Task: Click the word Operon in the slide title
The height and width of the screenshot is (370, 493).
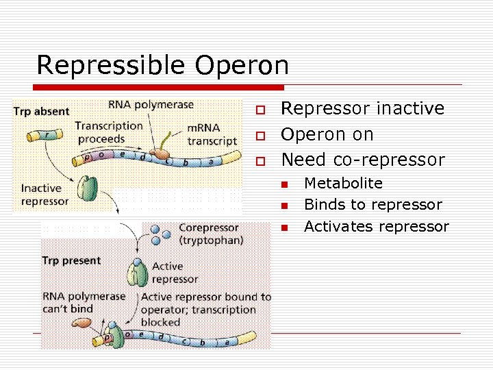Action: pos(242,66)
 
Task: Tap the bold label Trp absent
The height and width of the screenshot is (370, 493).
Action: pos(42,112)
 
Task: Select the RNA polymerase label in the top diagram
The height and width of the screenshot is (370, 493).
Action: pos(151,105)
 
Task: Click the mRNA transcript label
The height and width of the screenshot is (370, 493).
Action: pos(212,134)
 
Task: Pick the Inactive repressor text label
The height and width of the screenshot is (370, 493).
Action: pos(45,195)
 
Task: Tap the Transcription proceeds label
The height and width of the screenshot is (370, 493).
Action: pos(109,132)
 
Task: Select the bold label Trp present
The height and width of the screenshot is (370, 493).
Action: pos(71,260)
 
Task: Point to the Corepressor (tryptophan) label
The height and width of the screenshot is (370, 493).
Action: pos(208,234)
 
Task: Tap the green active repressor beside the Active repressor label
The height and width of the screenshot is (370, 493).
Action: pos(140,273)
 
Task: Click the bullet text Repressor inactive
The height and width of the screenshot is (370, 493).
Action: pos(363,108)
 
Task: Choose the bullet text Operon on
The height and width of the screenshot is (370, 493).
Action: pos(327,134)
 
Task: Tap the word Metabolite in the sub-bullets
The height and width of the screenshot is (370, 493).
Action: pos(343,183)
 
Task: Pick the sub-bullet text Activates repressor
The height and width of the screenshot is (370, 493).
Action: pos(376,227)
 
